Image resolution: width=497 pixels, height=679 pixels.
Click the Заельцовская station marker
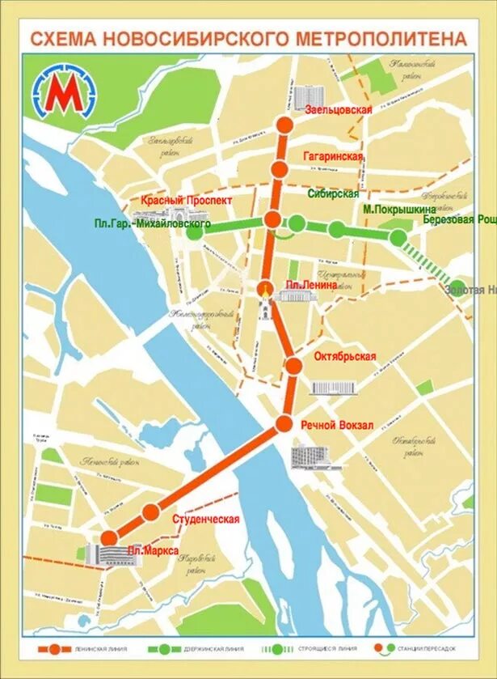pos(284,124)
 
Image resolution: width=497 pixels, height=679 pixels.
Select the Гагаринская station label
pos(333,156)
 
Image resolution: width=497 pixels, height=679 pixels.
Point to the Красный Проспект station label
pos(187,200)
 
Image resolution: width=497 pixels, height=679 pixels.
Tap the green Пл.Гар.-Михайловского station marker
pos(195,231)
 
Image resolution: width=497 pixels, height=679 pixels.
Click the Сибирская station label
pos(333,194)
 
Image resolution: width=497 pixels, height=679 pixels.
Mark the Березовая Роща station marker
pos(398,237)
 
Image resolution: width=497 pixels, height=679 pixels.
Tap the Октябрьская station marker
pos(294,366)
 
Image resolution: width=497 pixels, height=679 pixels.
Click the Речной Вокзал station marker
pos(284,423)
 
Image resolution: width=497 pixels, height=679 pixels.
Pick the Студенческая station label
pos(206,519)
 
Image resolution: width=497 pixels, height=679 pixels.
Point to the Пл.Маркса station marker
pos(108,537)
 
